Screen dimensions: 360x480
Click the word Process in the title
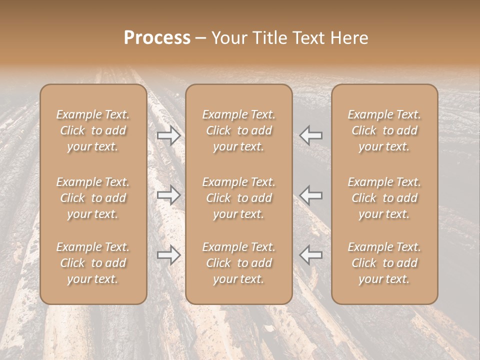[157, 38]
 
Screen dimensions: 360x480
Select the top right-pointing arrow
[168, 135]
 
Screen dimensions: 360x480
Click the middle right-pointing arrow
[168, 194]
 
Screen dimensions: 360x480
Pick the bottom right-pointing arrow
[168, 255]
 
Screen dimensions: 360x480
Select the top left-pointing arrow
[311, 135]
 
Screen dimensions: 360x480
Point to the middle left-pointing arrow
[311, 194]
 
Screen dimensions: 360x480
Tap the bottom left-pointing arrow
[311, 255]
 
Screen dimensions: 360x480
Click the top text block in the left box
[93, 130]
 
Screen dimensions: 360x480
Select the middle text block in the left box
[93, 198]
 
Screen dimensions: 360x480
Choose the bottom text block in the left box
[93, 263]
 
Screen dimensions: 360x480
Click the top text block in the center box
[239, 130]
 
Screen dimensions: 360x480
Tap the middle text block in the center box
[239, 198]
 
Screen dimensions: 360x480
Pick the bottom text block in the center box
[239, 263]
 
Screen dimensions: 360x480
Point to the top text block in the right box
[384, 130]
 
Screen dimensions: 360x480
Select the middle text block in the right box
[384, 198]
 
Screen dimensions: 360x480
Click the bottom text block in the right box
[384, 263]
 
